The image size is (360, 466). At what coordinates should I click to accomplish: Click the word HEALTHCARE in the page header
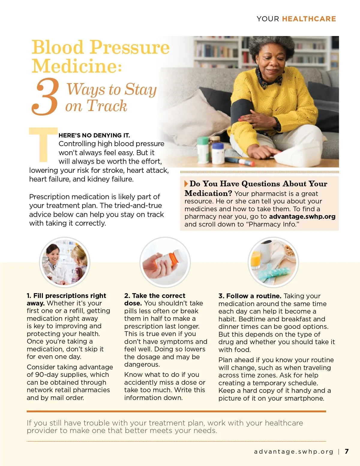(309, 19)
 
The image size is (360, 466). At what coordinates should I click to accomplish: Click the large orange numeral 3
(45, 97)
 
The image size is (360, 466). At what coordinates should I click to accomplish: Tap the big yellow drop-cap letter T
(43, 145)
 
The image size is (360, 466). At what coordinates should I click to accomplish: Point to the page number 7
(347, 451)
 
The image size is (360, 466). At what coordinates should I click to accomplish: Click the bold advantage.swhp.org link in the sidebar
(302, 216)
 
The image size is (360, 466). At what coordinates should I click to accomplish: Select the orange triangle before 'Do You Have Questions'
(186, 184)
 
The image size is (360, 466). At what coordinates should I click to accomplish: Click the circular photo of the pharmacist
(65, 262)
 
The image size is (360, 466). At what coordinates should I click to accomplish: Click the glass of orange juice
(256, 260)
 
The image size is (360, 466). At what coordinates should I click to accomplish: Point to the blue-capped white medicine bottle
(218, 153)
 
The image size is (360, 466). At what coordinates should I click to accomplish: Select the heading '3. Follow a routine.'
(250, 296)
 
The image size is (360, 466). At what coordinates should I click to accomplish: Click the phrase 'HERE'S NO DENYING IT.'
(94, 135)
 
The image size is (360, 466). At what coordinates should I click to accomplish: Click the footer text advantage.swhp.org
(293, 451)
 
